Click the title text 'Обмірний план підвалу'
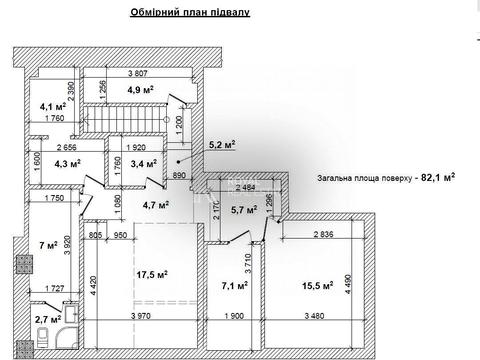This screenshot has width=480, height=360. point(189,13)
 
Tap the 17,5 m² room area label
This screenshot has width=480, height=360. point(151,273)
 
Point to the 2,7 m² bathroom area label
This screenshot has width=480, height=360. point(47,320)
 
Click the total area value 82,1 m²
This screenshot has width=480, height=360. point(432,176)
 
